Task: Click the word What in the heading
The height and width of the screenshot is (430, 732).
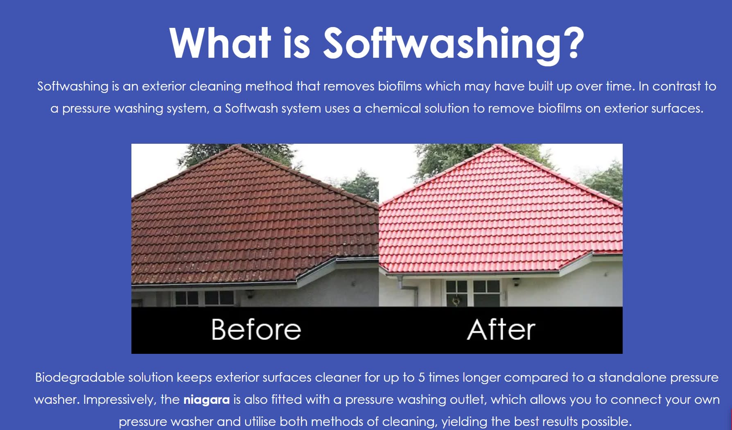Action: point(220,43)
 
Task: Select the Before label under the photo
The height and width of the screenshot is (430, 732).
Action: point(256,330)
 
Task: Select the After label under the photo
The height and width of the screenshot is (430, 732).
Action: point(501,330)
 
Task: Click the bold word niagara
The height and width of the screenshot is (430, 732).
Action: point(207,400)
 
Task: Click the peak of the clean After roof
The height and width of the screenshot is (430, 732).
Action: point(497,146)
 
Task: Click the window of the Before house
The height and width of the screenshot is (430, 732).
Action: point(204,298)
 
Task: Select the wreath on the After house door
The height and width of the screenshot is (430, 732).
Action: point(456,301)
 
